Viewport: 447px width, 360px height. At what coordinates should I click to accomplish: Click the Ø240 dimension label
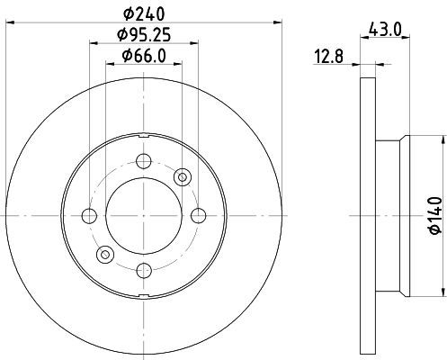(x=144, y=14)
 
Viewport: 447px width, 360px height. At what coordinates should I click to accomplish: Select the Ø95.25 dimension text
(x=144, y=35)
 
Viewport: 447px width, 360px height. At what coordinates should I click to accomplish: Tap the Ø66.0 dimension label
(x=144, y=56)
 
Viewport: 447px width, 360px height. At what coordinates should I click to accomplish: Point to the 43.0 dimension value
(x=385, y=29)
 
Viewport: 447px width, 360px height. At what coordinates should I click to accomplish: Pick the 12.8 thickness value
(x=328, y=56)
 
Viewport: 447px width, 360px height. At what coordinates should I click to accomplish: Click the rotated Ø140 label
(x=435, y=215)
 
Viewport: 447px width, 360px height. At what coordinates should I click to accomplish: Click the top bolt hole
(x=144, y=161)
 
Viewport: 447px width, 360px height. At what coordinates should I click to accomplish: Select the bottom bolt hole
(x=144, y=270)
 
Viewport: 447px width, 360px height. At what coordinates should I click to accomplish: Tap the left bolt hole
(x=89, y=216)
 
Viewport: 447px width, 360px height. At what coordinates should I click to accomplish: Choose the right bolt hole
(x=199, y=216)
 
